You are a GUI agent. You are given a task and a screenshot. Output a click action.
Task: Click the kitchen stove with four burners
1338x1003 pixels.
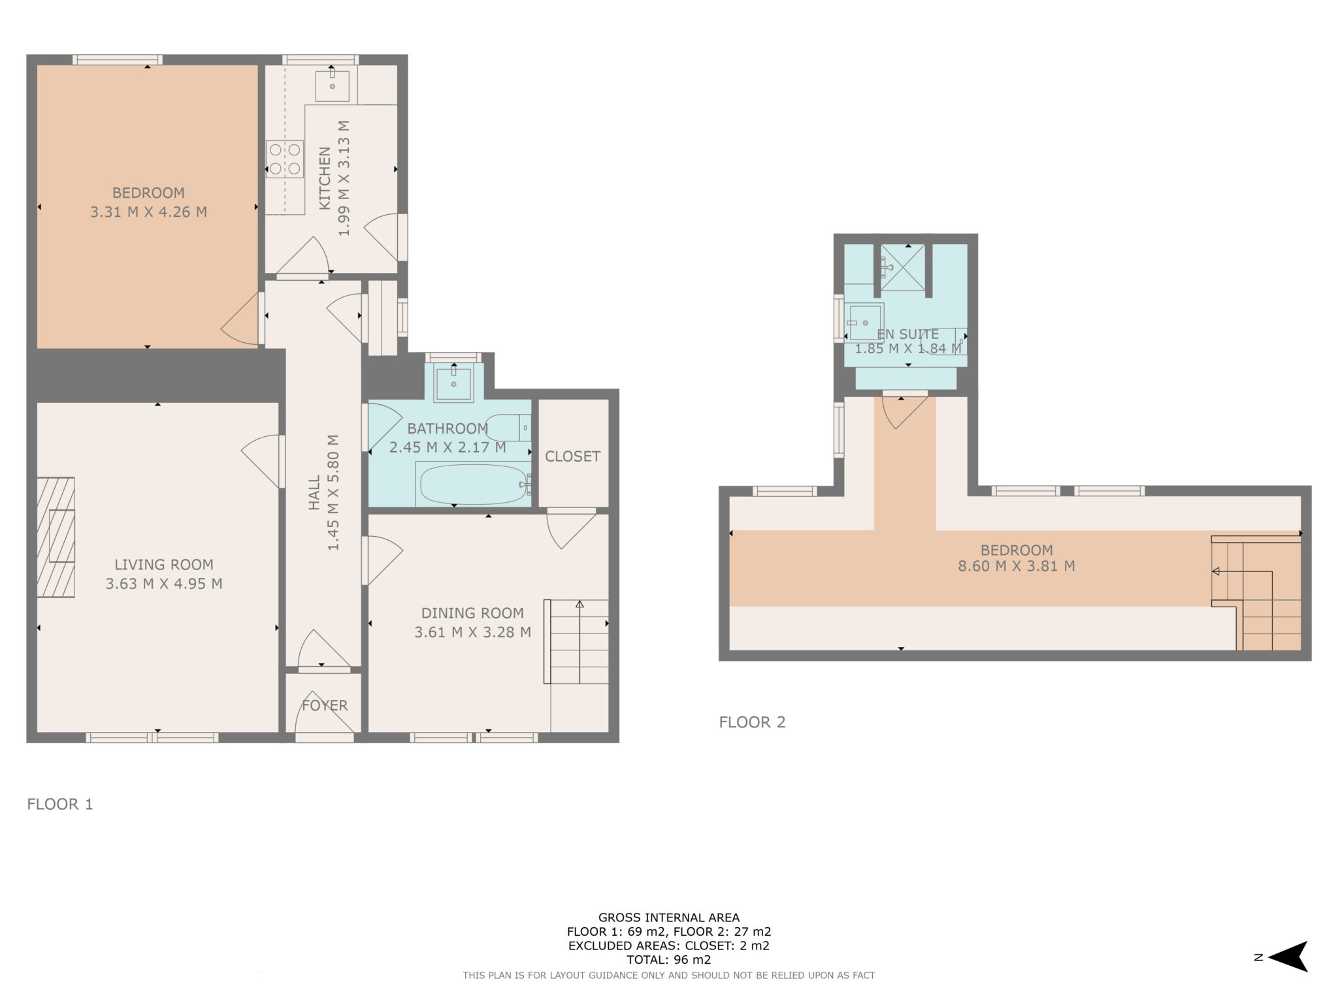(285, 159)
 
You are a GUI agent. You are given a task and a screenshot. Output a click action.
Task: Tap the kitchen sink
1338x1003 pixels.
(332, 86)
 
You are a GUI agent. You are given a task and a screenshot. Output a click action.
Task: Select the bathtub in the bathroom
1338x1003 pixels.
(473, 485)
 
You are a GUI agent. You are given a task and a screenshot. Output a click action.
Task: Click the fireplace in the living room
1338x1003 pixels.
(56, 537)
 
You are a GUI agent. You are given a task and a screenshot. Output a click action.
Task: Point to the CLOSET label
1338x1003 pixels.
(572, 456)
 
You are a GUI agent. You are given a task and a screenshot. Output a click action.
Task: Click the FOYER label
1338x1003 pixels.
(325, 705)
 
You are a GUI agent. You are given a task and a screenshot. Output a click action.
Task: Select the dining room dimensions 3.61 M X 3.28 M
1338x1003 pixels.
(472, 632)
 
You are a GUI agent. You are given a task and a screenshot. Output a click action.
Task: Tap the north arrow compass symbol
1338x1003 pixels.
(1287, 957)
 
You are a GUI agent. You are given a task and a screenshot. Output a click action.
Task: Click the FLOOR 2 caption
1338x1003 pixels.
(752, 722)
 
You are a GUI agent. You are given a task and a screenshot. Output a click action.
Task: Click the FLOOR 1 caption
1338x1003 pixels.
(60, 804)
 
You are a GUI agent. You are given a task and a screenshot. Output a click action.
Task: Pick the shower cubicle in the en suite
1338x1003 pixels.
(903, 267)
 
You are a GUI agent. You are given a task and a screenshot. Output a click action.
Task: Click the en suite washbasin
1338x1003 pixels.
(865, 323)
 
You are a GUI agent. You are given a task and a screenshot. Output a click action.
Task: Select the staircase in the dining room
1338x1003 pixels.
(578, 641)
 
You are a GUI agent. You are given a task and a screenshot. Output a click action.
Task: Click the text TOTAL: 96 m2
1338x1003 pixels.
(668, 960)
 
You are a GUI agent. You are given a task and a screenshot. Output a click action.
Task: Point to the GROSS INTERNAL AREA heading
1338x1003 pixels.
(668, 917)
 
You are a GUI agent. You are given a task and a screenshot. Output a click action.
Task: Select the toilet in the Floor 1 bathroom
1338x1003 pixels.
(508, 428)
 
